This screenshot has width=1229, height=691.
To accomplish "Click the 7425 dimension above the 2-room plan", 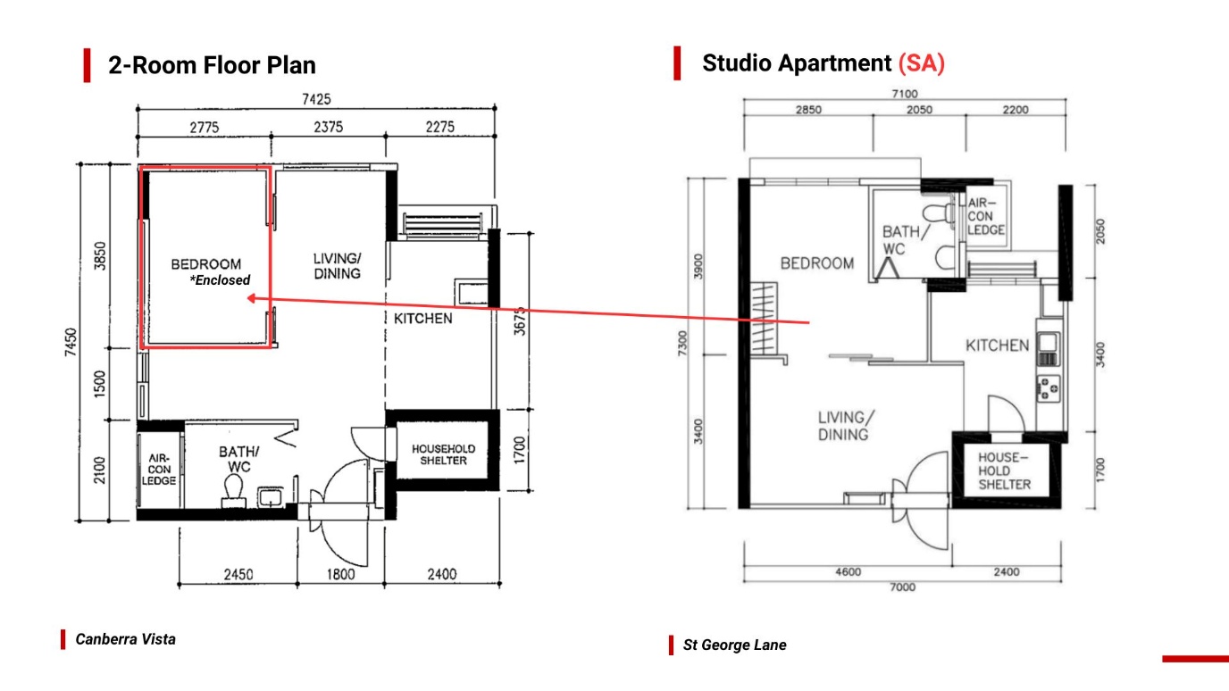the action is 316,99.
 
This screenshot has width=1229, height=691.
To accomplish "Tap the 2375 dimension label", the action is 328,128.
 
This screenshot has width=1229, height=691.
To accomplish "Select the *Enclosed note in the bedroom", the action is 220,280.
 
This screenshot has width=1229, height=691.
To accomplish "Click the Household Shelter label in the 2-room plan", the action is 443,454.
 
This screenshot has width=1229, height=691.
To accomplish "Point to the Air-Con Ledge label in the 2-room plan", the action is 159,470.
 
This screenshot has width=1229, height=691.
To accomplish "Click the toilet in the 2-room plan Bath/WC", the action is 234,490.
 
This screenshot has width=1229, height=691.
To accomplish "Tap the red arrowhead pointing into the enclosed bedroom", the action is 251,298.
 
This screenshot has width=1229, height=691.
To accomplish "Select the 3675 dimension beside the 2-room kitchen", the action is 519,321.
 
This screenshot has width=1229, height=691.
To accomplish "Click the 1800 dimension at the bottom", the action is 340,574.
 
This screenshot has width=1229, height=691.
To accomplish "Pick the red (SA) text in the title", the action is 921,63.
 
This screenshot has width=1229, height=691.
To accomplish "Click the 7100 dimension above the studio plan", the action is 905,94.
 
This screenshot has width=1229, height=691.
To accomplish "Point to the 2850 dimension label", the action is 808,110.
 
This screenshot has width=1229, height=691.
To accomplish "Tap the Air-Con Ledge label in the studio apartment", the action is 986,217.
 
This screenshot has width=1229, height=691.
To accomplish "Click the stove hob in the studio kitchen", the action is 1048,388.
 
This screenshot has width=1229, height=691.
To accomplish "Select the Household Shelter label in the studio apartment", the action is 1005,471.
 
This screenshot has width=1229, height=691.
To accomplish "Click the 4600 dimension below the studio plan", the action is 849,572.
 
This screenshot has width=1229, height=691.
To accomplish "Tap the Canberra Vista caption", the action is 126,639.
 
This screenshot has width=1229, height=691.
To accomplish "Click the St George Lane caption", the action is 735,645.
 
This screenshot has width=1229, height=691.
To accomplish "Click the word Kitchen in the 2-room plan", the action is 423,319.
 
